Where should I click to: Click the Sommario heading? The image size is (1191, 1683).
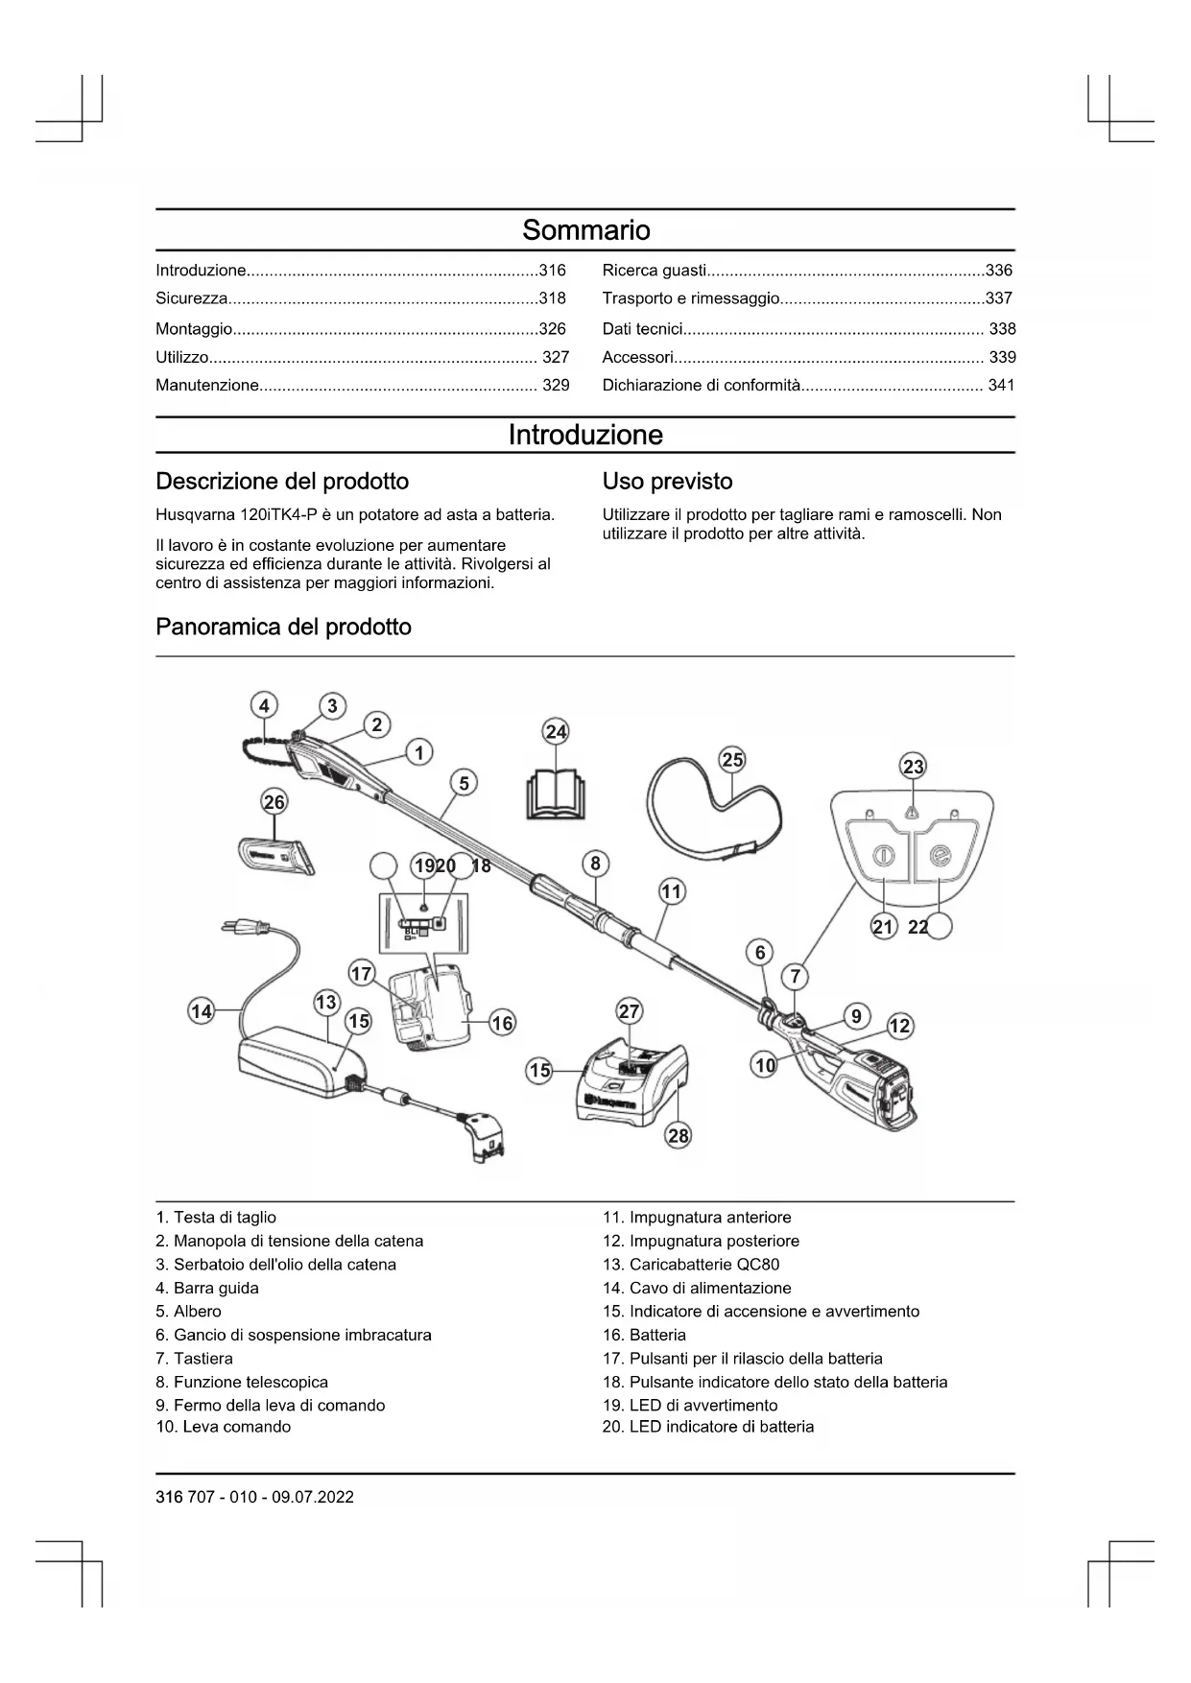pos(585,230)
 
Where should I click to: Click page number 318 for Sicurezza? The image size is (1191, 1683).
pos(552,298)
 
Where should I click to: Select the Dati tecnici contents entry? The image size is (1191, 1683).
pos(642,329)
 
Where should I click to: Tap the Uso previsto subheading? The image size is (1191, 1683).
pos(667,481)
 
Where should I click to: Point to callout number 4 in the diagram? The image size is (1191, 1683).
pos(264,705)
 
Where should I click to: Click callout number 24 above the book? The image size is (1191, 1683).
pos(557,732)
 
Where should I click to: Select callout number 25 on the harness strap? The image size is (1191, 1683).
pos(732,760)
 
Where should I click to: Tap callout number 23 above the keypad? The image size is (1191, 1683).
pos(913,766)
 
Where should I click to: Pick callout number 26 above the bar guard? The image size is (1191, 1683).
pos(274,801)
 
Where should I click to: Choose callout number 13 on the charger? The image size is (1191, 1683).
pos(326,1002)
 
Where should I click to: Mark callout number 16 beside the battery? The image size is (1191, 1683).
pos(503,1023)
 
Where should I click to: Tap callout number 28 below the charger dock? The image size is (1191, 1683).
pos(679,1135)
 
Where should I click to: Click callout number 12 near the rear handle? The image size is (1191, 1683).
pos(899,1026)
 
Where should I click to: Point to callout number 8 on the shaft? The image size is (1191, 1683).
pos(595,863)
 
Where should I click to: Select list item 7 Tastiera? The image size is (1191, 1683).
pos(194,1358)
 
